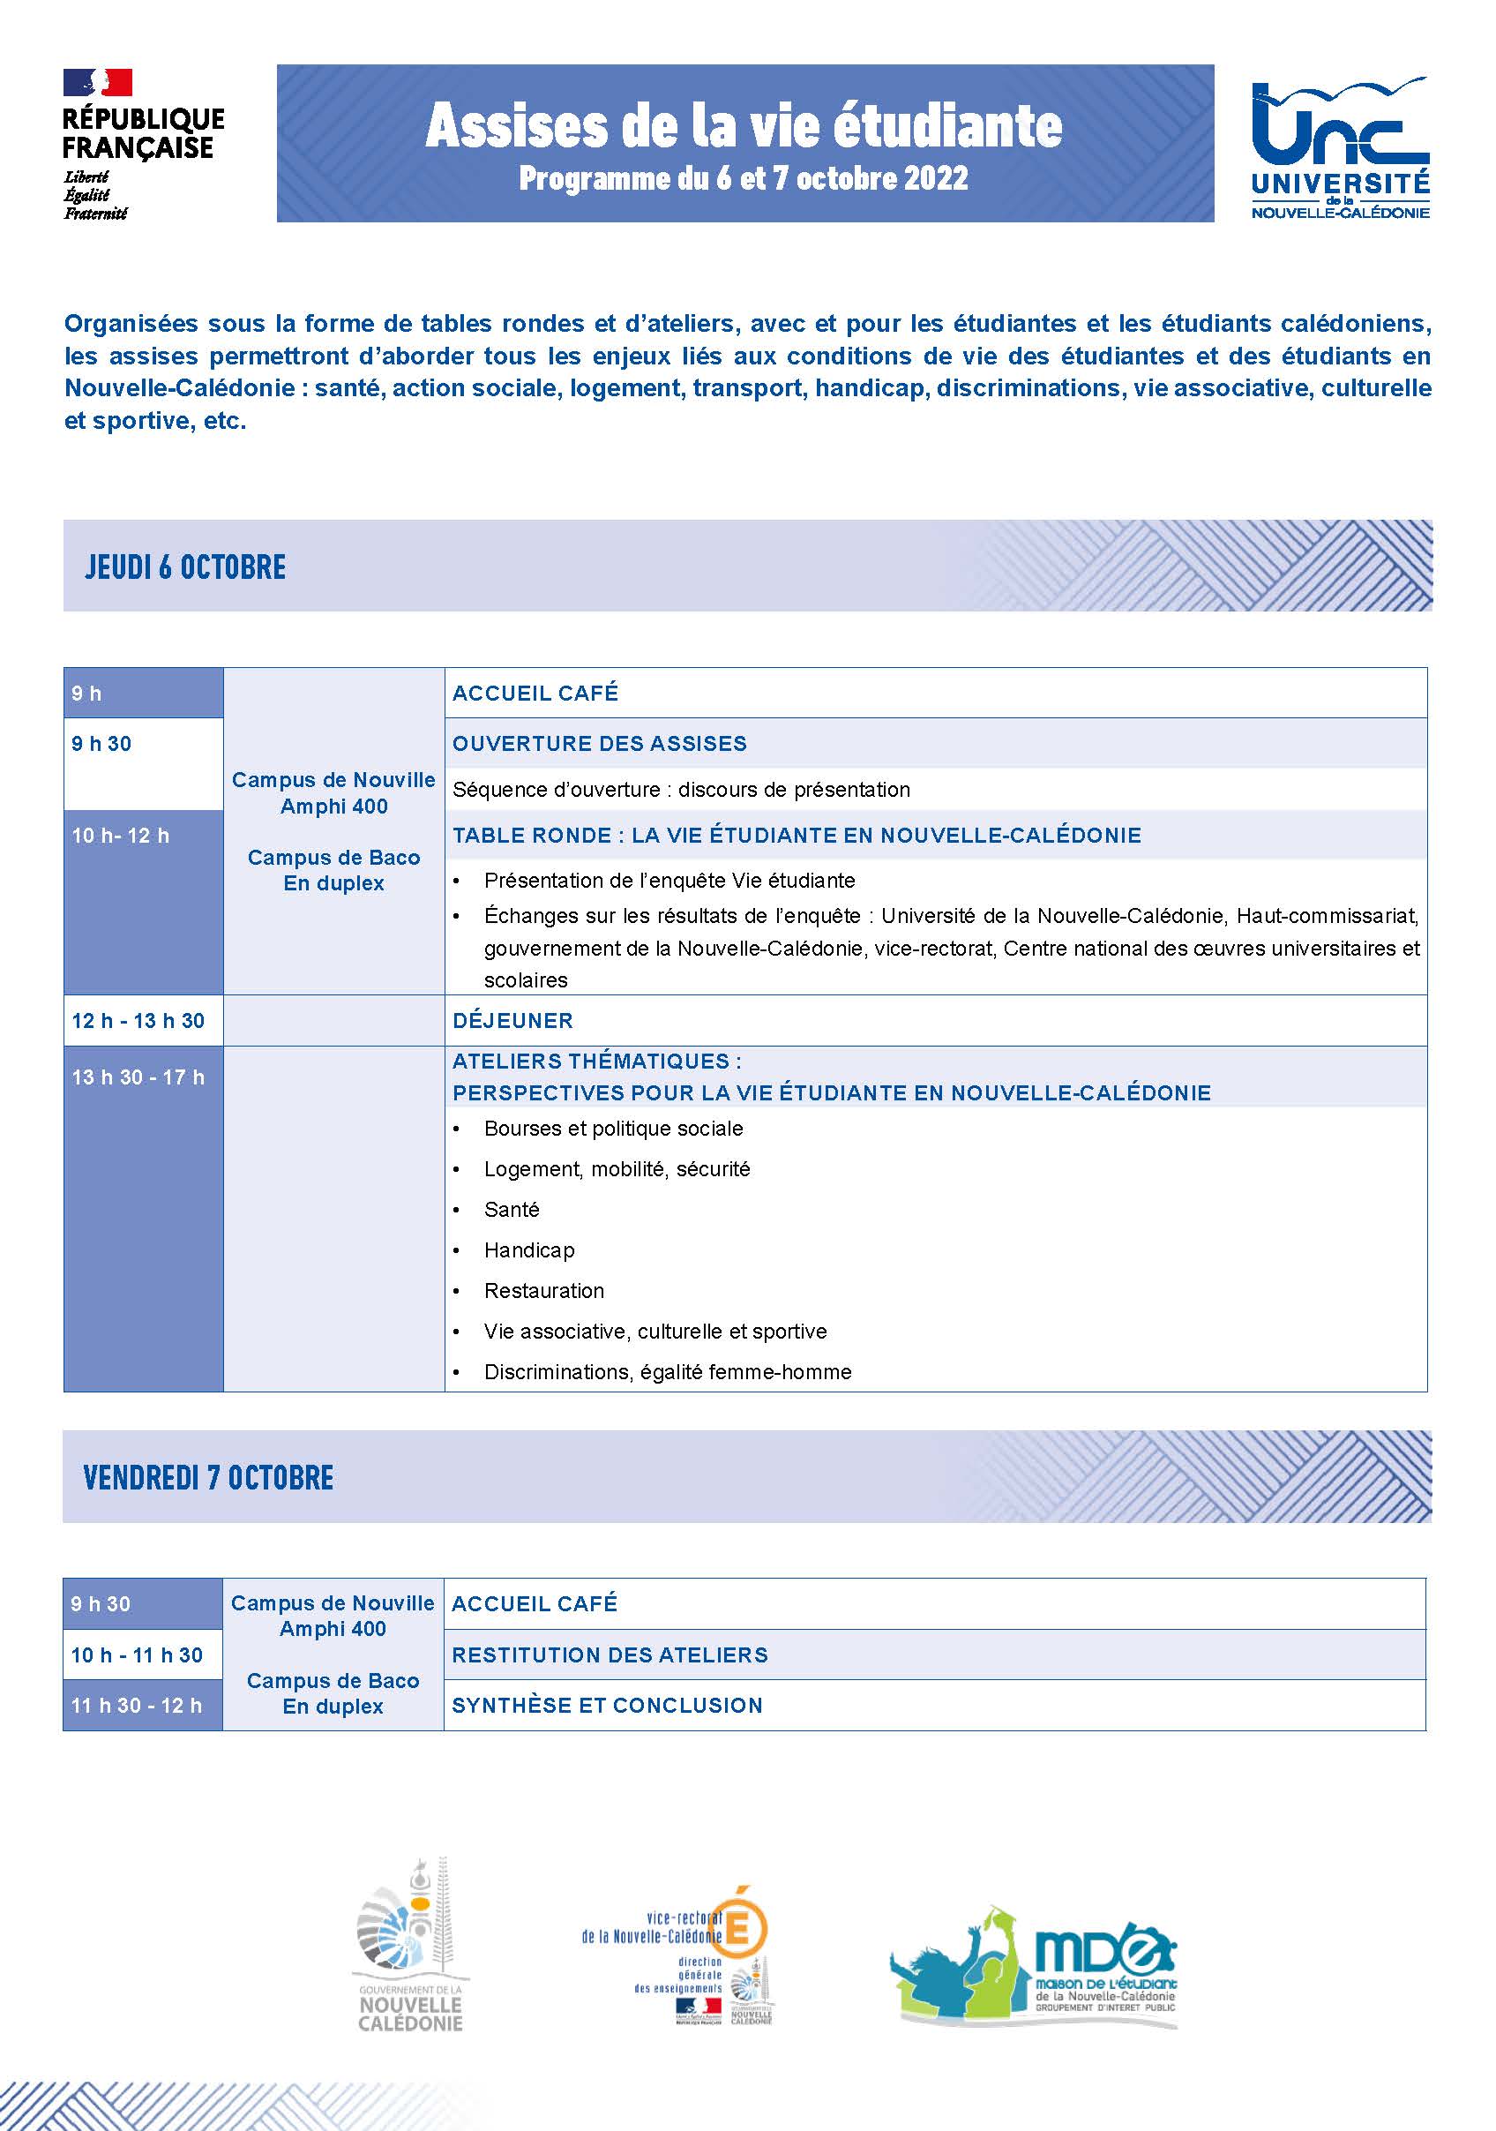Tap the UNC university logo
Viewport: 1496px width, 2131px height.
[x=1339, y=148]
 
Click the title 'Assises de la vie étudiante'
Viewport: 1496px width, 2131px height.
[x=744, y=126]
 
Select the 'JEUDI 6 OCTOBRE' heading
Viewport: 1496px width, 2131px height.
[x=185, y=567]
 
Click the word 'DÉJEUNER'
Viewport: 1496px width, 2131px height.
[x=512, y=1021]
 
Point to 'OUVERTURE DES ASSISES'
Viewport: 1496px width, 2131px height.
[x=600, y=744]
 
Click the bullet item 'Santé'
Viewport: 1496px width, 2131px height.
[x=512, y=1210]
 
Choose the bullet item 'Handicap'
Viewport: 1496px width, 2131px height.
[x=529, y=1250]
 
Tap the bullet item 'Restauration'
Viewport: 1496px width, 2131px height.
[x=544, y=1290]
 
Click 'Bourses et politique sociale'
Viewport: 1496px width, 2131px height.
[x=613, y=1129]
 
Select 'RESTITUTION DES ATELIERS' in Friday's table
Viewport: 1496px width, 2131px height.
[x=610, y=1655]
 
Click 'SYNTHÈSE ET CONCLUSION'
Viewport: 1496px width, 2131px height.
[x=607, y=1705]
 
